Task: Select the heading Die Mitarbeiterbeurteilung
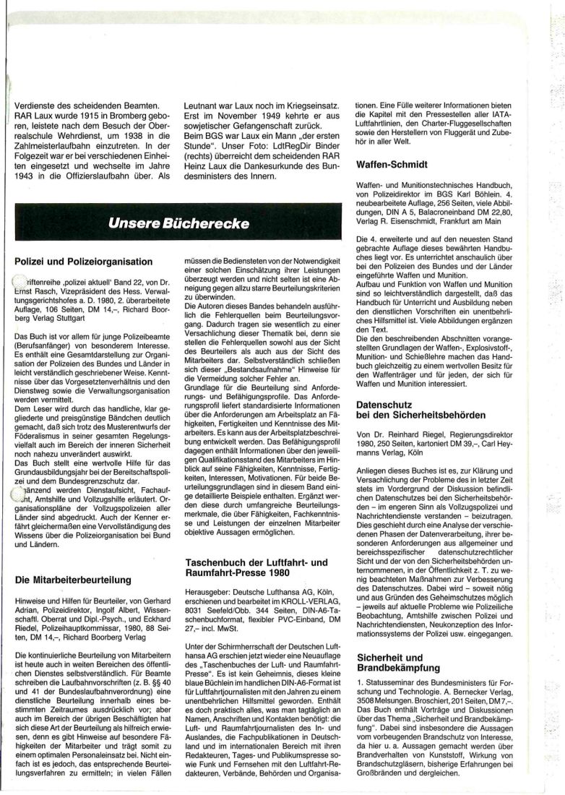[x=72, y=579]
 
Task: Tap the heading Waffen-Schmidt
[x=392, y=165]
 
